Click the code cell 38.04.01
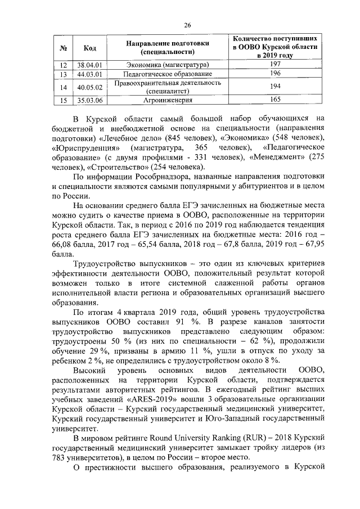89,65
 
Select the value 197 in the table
275,65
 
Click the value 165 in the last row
275,101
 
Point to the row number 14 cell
64,87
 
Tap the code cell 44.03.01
89,74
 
